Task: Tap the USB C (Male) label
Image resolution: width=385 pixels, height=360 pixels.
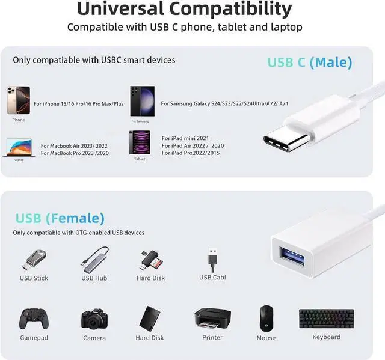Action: point(310,62)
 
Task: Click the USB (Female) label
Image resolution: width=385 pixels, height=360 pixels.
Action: point(60,218)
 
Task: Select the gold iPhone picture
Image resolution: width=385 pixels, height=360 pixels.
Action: point(19,100)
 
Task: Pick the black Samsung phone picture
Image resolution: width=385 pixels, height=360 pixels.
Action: point(143,100)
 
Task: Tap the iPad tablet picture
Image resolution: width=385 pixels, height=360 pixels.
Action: point(139,143)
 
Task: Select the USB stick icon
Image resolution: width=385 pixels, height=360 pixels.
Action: point(34,258)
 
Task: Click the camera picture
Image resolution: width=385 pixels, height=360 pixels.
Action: point(94,318)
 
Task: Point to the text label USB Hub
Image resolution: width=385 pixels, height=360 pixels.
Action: point(94,278)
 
